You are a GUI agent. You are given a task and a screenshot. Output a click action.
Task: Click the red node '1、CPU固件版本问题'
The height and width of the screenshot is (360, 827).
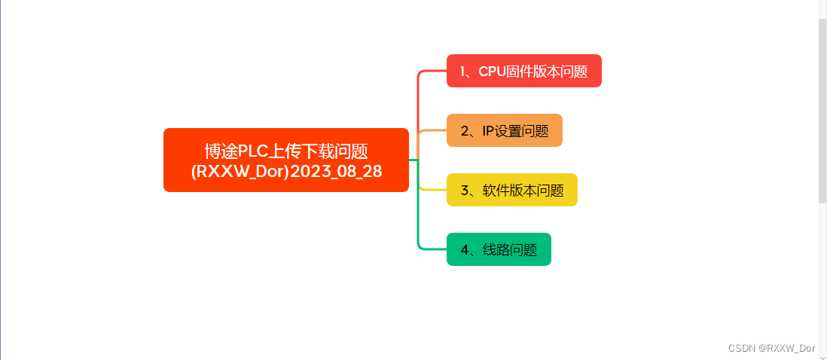[523, 71]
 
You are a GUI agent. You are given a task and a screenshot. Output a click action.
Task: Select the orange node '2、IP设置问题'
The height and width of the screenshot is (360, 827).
[504, 130]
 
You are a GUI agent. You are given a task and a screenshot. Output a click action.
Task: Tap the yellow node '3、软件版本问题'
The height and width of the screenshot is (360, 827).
[511, 190]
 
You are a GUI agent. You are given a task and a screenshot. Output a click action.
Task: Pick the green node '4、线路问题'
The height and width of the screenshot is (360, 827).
[499, 249]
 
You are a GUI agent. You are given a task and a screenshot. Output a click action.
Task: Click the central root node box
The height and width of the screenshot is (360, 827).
[286, 160]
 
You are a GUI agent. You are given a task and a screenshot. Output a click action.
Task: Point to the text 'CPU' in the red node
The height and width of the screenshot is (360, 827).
[492, 72]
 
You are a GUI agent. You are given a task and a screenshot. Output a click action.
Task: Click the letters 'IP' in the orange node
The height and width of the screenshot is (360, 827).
[488, 131]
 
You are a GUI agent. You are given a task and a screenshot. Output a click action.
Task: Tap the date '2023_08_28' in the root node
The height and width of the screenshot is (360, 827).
[336, 171]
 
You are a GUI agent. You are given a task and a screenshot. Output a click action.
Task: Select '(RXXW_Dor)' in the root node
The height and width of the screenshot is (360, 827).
[240, 171]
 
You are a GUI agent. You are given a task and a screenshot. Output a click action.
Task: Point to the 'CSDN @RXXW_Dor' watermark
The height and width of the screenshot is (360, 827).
[772, 348]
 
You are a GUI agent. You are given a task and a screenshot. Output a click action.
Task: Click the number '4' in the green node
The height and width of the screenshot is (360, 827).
[465, 250]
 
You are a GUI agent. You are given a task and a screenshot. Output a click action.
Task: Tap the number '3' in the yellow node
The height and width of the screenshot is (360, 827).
[465, 191]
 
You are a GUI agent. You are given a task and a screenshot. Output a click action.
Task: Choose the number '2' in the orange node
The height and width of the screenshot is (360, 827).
[465, 131]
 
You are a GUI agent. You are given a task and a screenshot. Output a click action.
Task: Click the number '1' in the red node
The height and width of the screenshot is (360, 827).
[463, 72]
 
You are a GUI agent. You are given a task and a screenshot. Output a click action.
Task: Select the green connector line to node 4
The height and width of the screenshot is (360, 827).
[418, 218]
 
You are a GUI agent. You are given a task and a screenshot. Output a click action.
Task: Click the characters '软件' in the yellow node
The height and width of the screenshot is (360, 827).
[496, 191]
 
